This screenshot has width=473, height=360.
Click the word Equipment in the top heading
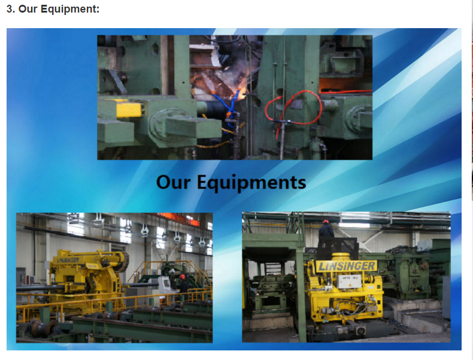[x=70, y=10]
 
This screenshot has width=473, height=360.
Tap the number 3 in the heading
[x=10, y=9]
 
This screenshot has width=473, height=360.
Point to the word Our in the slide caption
[x=174, y=182]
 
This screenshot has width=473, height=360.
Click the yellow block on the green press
[x=129, y=110]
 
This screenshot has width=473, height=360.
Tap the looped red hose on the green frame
[x=293, y=108]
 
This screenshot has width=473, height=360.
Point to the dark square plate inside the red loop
[x=296, y=104]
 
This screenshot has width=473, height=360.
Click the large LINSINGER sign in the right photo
[x=346, y=266]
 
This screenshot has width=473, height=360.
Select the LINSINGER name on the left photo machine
[x=68, y=260]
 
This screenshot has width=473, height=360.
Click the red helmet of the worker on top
[x=326, y=222]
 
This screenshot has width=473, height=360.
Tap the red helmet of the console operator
[x=182, y=277]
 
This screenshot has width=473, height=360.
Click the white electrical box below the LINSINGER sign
[x=348, y=282]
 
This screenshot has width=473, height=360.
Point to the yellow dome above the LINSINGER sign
[x=341, y=258]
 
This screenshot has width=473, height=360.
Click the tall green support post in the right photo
[x=301, y=290]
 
